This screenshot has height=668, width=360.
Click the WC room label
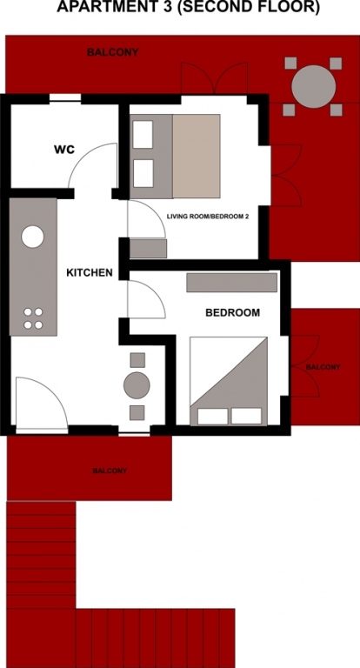click(63, 150)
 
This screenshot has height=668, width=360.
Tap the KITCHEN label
click(90, 272)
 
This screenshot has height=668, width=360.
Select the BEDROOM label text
click(233, 313)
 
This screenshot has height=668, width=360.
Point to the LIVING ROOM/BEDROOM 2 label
click(208, 217)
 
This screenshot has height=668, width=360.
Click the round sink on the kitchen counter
click(33, 237)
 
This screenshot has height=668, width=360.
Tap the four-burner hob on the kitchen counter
click(33, 318)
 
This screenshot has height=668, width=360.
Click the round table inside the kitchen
click(137, 385)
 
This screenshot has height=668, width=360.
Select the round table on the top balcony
click(314, 86)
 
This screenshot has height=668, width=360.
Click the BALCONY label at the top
click(112, 52)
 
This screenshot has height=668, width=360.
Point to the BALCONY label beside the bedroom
click(323, 367)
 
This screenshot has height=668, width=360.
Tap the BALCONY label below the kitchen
click(110, 471)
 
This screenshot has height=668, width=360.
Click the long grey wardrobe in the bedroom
click(232, 283)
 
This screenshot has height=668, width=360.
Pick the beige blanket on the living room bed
click(197, 156)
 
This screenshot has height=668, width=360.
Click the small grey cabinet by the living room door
click(148, 249)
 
